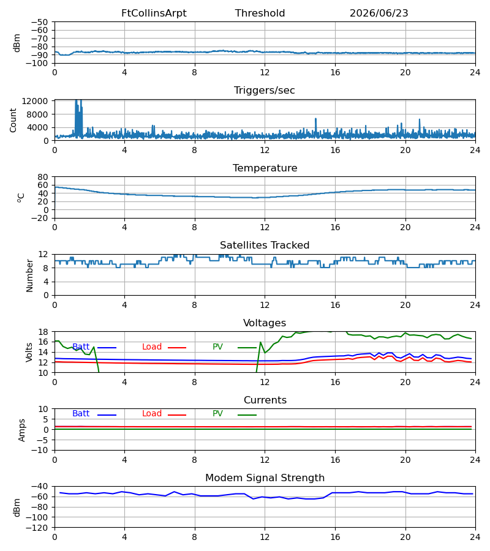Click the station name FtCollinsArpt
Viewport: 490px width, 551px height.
click(154, 13)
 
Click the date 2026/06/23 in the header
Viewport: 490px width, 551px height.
click(379, 13)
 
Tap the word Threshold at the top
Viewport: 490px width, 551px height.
click(260, 13)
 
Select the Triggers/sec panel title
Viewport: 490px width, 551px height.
click(265, 91)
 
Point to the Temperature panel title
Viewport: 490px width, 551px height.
click(265, 168)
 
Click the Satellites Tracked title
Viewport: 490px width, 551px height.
click(265, 246)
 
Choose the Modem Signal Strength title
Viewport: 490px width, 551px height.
click(265, 478)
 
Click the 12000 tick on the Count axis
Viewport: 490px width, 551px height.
click(34, 101)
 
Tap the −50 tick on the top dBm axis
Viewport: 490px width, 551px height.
click(39, 22)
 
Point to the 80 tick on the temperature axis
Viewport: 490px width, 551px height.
click(42, 177)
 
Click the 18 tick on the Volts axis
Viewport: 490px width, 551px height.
click(42, 332)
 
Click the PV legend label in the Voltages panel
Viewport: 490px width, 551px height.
click(217, 347)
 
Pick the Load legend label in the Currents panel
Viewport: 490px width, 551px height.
click(151, 414)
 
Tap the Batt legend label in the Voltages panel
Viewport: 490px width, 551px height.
click(80, 347)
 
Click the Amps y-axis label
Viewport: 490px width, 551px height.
click(22, 430)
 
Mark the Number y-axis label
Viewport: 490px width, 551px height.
click(29, 276)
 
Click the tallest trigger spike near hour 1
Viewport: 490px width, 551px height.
click(76, 101)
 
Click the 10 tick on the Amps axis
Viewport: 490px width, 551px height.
click(42, 409)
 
